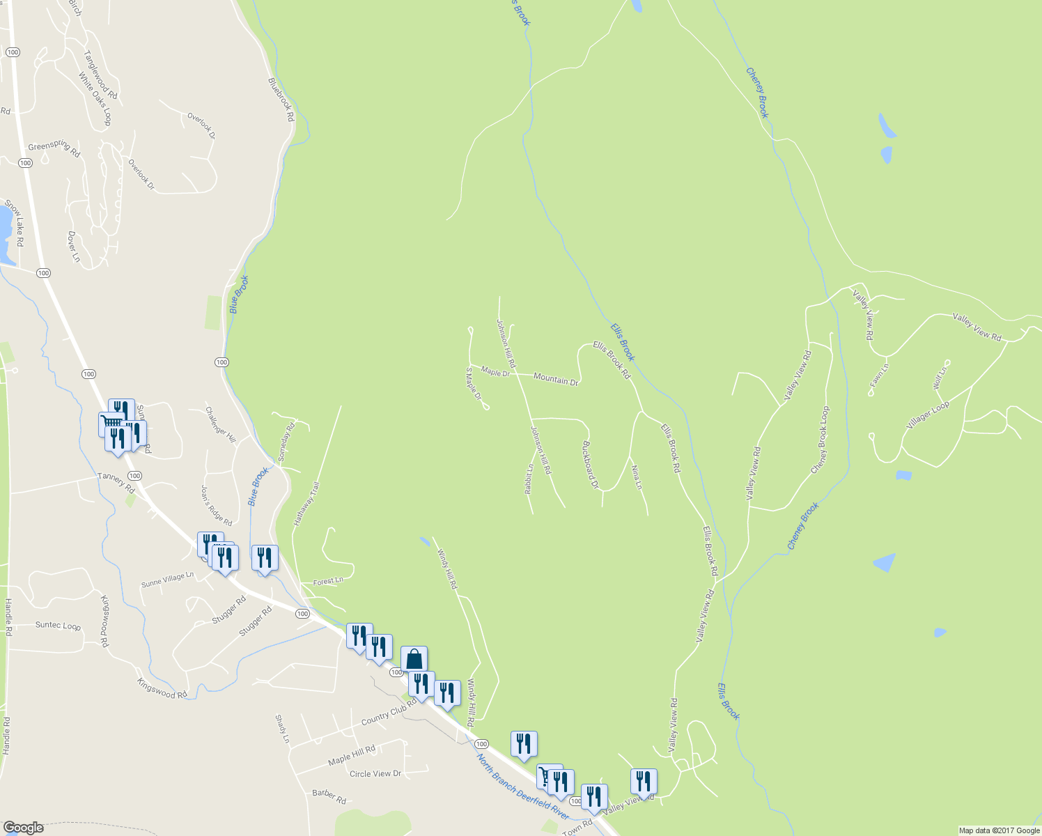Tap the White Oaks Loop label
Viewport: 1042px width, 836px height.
tap(95, 99)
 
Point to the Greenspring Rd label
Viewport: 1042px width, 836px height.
tap(54, 148)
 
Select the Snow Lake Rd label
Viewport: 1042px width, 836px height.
tap(15, 224)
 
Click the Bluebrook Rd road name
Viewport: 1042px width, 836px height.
tap(281, 100)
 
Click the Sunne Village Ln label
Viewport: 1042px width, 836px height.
tap(167, 579)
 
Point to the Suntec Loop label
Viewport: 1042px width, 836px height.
tap(58, 626)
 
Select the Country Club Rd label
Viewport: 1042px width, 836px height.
tap(389, 715)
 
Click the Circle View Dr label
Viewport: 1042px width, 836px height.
tap(375, 773)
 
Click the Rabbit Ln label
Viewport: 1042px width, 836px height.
tap(529, 479)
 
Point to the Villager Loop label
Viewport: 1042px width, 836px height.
tap(928, 416)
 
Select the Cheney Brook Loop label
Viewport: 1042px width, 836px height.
tap(821, 440)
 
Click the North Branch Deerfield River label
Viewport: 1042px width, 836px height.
tap(523, 787)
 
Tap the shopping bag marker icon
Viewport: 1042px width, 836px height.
tap(414, 658)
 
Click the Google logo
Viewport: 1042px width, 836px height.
tap(24, 828)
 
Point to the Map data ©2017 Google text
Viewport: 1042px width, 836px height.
tap(999, 830)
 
